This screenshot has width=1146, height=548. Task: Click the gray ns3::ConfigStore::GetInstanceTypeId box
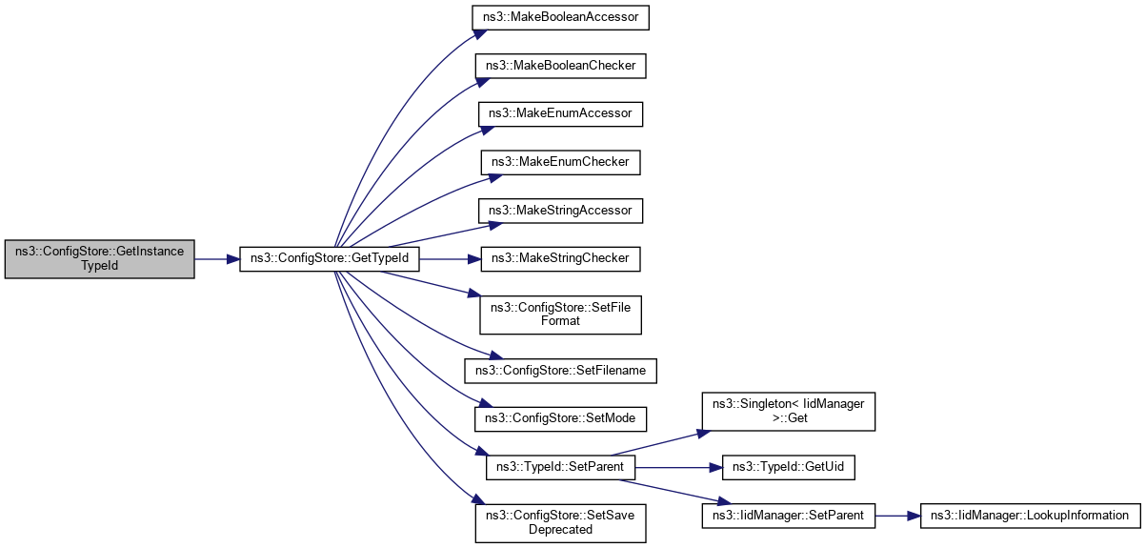pyautogui.click(x=99, y=258)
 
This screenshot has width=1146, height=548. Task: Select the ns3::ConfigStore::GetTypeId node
pyautogui.click(x=329, y=258)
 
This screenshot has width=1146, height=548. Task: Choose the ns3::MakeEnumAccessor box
pyautogui.click(x=560, y=113)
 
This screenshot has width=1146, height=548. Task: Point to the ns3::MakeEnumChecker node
pyautogui.click(x=560, y=161)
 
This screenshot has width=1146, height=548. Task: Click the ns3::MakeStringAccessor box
pyautogui.click(x=560, y=209)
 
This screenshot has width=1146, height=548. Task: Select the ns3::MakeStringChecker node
pyautogui.click(x=560, y=257)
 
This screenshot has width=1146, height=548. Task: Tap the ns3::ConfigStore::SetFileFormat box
pyautogui.click(x=560, y=314)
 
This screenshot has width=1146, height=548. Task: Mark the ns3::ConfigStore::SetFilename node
pyautogui.click(x=560, y=369)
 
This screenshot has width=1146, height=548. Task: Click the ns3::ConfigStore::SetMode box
pyautogui.click(x=560, y=417)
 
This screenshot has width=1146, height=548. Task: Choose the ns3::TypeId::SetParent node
pyautogui.click(x=560, y=467)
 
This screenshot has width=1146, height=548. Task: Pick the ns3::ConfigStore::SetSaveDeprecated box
pyautogui.click(x=560, y=522)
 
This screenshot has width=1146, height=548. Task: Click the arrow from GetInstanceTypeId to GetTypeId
pyautogui.click(x=216, y=258)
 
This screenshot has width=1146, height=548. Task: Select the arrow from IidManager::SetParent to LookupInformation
pyautogui.click(x=895, y=516)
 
